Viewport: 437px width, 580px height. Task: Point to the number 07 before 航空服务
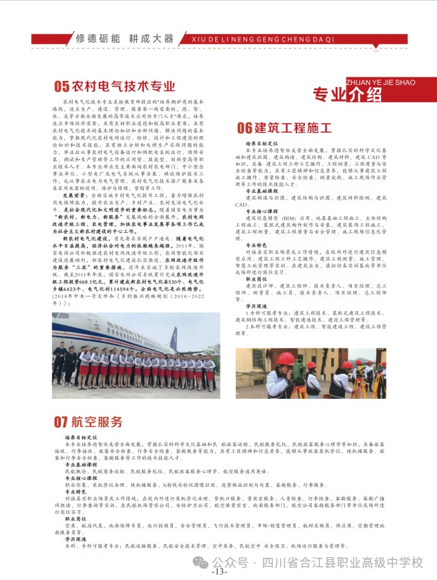pyautogui.click(x=62, y=422)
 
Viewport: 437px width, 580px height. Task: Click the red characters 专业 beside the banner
pyautogui.click(x=330, y=95)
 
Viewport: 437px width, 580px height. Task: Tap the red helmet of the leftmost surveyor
pyautogui.click(x=285, y=358)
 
